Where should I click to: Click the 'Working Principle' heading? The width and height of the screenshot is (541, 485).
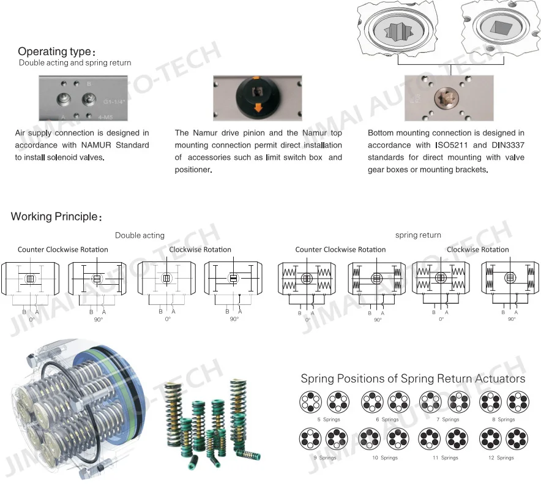53,217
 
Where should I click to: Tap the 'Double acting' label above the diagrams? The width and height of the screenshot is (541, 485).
140,235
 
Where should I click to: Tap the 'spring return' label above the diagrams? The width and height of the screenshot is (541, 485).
418,235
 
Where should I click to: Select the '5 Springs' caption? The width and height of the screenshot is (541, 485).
327,419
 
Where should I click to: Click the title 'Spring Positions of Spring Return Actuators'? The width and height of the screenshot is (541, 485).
412,378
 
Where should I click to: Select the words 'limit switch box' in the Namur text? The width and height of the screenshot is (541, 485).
291,157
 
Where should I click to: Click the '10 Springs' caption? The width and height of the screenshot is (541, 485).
386,457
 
